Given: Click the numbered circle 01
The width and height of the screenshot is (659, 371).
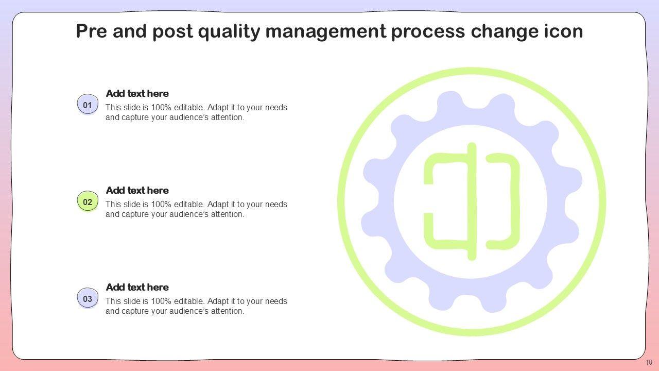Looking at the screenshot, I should [88, 105].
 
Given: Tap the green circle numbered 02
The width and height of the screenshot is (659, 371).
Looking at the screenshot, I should [88, 202].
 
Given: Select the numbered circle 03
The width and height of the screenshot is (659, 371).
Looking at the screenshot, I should [88, 299].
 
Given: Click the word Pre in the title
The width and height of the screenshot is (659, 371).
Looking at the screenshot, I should [93, 32].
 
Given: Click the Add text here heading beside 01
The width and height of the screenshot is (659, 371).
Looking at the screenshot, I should [137, 94].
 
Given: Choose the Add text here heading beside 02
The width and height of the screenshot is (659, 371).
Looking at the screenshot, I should [137, 191].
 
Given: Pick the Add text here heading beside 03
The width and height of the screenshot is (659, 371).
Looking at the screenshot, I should [137, 288].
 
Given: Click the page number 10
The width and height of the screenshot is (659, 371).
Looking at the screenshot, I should [649, 362].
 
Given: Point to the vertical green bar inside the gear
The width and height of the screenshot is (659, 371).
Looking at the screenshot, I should [472, 201].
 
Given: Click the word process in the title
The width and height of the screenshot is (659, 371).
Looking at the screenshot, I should [427, 32].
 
